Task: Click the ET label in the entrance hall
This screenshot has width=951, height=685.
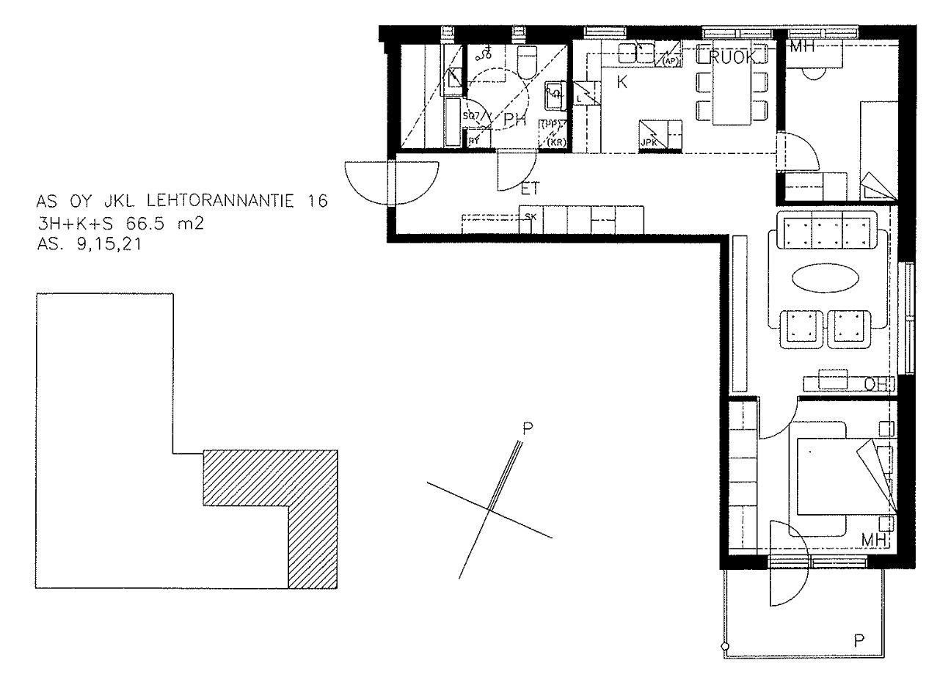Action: point(530,189)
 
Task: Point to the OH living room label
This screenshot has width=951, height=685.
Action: point(876,384)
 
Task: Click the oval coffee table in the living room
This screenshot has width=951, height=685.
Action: point(825,279)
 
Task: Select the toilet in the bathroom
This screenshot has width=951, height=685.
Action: point(528,62)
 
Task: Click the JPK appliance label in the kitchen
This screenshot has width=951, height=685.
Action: point(649,142)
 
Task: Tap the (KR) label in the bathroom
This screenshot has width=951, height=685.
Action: point(556,142)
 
